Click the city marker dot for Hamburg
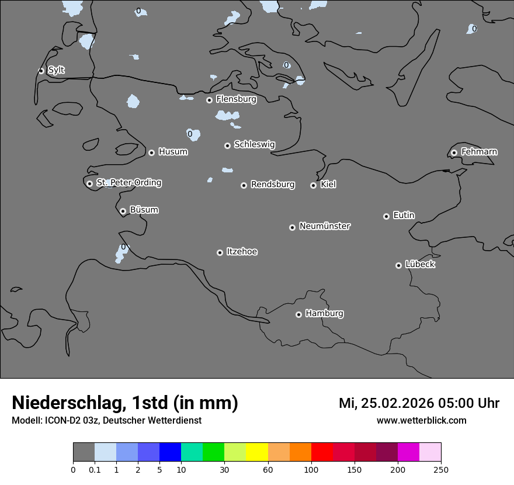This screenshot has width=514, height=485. pyautogui.click(x=298, y=314)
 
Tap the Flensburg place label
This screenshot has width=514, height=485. pyautogui.click(x=236, y=99)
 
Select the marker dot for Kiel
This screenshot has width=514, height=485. pyautogui.click(x=313, y=185)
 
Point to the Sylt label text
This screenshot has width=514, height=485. pyautogui.click(x=56, y=70)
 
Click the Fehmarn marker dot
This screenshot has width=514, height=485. pyautogui.click(x=454, y=153)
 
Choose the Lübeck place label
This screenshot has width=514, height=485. pyautogui.click(x=420, y=264)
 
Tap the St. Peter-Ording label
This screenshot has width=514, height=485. pyautogui.click(x=128, y=182)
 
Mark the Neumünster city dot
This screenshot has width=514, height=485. pyautogui.click(x=292, y=227)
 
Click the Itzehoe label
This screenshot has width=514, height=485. pyautogui.click(x=242, y=251)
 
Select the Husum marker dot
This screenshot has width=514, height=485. pyautogui.click(x=151, y=153)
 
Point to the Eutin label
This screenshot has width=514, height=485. pyautogui.click(x=404, y=215)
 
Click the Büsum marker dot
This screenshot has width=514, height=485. pyautogui.click(x=123, y=211)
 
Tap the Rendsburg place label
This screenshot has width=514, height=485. pyautogui.click(x=273, y=185)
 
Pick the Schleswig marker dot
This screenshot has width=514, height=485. pyautogui.click(x=227, y=145)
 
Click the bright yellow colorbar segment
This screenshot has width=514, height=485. pyautogui.click(x=257, y=452)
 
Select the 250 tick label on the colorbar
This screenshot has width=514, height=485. pyautogui.click(x=441, y=469)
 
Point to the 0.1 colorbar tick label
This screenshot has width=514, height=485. pyautogui.click(x=95, y=469)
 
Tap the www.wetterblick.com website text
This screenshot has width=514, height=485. pyautogui.click(x=422, y=420)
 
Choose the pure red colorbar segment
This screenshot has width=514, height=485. pyautogui.click(x=322, y=452)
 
